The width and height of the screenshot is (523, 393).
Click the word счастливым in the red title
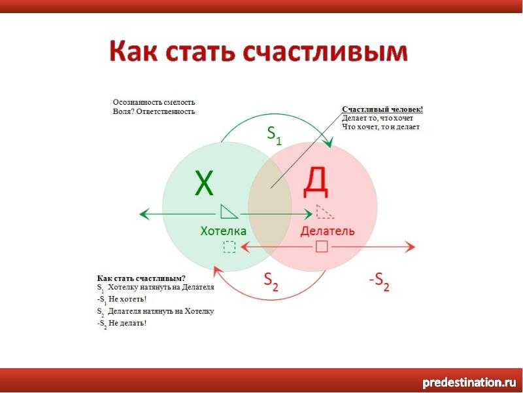(x=325, y=52)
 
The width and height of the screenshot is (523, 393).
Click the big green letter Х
(x=204, y=183)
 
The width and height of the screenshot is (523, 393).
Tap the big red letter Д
(x=316, y=183)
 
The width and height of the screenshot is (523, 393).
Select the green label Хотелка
(x=223, y=231)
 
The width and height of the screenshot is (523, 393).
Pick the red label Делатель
(x=328, y=231)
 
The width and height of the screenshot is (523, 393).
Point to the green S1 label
(x=274, y=136)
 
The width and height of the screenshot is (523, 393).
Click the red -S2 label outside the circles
(x=379, y=282)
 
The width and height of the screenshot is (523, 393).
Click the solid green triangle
(x=228, y=212)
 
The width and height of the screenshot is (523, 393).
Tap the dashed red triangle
(x=324, y=212)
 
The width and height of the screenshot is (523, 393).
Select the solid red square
(x=322, y=247)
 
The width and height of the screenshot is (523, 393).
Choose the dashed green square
(x=229, y=247)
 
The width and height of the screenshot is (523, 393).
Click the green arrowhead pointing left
(x=144, y=214)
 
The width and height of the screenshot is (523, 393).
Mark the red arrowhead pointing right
(x=411, y=247)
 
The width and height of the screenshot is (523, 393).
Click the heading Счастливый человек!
(x=382, y=109)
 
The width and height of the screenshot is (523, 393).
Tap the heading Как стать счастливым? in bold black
(x=141, y=278)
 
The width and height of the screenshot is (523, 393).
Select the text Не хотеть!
(x=127, y=299)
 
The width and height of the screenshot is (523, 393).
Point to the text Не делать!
(x=127, y=323)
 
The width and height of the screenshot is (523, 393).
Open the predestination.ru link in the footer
(x=469, y=383)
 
